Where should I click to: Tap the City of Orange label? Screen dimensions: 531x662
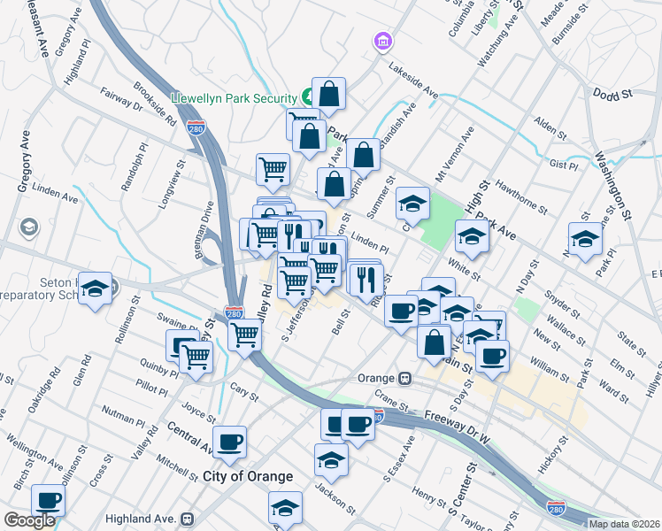click(248, 476)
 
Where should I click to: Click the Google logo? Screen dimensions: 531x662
click(29, 520)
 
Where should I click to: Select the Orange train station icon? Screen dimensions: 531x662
click(404, 378)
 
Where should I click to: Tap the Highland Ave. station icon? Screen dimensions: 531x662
click(187, 519)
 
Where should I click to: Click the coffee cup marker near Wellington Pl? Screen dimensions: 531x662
click(49, 500)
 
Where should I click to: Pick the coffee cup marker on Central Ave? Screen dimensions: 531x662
click(229, 442)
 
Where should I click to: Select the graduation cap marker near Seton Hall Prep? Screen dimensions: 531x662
click(95, 288)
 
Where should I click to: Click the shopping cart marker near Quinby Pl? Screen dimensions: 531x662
click(196, 358)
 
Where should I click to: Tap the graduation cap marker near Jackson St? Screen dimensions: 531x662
click(331, 459)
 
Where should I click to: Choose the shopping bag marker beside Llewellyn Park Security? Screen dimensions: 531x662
click(327, 94)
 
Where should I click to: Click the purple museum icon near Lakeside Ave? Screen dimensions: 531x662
click(382, 41)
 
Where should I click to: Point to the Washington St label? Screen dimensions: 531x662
click(612, 184)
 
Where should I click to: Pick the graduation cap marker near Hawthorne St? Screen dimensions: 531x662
click(472, 236)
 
